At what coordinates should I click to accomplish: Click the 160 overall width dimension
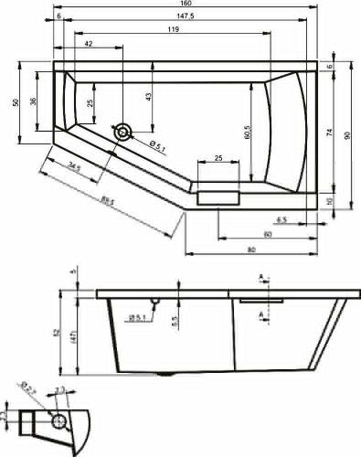(186, 5)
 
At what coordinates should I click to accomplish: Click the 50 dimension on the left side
(16, 102)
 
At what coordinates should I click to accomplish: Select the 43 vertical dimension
(148, 95)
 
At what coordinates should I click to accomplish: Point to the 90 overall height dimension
(347, 135)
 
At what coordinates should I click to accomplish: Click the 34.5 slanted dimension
(80, 167)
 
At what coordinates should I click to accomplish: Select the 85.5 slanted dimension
(107, 202)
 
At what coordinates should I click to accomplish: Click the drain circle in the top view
(122, 132)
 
